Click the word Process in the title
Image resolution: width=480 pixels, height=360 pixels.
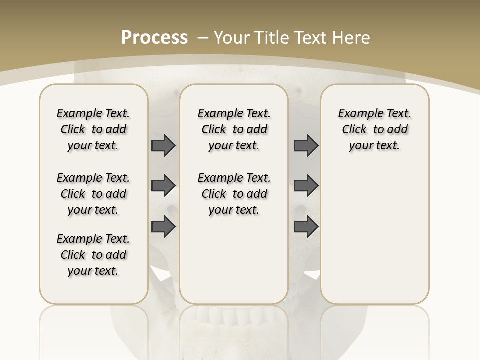pos(154,38)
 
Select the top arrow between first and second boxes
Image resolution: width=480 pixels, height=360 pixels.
pos(163,145)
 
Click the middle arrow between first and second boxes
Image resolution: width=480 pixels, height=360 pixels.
pos(163,186)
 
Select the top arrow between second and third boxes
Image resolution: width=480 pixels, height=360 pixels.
pos(306,145)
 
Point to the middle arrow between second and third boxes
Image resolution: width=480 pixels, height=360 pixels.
pos(306,186)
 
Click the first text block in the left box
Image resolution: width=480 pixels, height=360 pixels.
pos(93,129)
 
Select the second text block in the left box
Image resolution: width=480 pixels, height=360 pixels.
pos(93,194)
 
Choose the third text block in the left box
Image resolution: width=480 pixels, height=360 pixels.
pos(93,255)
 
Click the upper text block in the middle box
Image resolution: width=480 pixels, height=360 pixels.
pos(234,129)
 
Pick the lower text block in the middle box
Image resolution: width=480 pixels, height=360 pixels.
pos(234,194)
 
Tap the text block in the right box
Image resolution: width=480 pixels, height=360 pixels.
pos(374,129)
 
